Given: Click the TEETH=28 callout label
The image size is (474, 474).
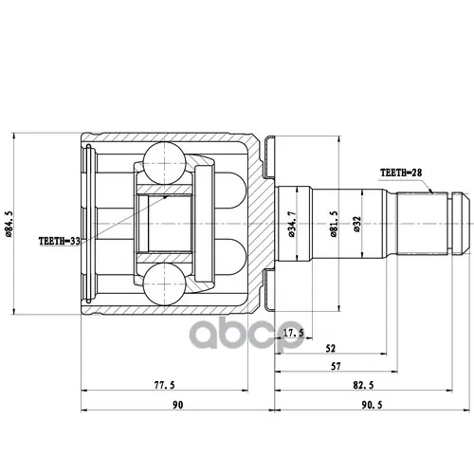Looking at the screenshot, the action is point(401,173).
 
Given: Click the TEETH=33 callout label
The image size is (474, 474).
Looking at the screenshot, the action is point(60,241).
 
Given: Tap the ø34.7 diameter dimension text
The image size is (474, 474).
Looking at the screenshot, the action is point(291,224).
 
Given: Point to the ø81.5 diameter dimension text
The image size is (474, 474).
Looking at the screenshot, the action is point(334,224).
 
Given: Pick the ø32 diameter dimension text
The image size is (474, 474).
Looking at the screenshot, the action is point(357,225).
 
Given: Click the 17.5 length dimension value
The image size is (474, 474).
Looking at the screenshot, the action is point(294,333).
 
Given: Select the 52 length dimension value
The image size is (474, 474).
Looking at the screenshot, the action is point(330,349).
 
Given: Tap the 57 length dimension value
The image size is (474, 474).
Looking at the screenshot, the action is point(336,367).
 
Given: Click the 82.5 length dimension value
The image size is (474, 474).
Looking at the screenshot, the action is point(363,385).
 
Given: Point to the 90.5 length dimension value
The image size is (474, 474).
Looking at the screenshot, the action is point(372,405).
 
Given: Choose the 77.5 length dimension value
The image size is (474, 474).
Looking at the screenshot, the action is point(164,385).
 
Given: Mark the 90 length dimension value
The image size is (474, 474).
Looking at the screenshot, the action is point(178,405).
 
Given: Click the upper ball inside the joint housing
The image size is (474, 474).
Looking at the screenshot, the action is point(164,163).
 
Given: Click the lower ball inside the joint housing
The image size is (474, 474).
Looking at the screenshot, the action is point(164,284).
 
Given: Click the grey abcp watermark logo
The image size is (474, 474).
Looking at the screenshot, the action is point(246,333).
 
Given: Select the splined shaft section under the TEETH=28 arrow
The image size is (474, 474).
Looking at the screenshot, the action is point(422,224).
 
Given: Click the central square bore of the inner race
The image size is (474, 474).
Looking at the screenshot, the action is point(170,224).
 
